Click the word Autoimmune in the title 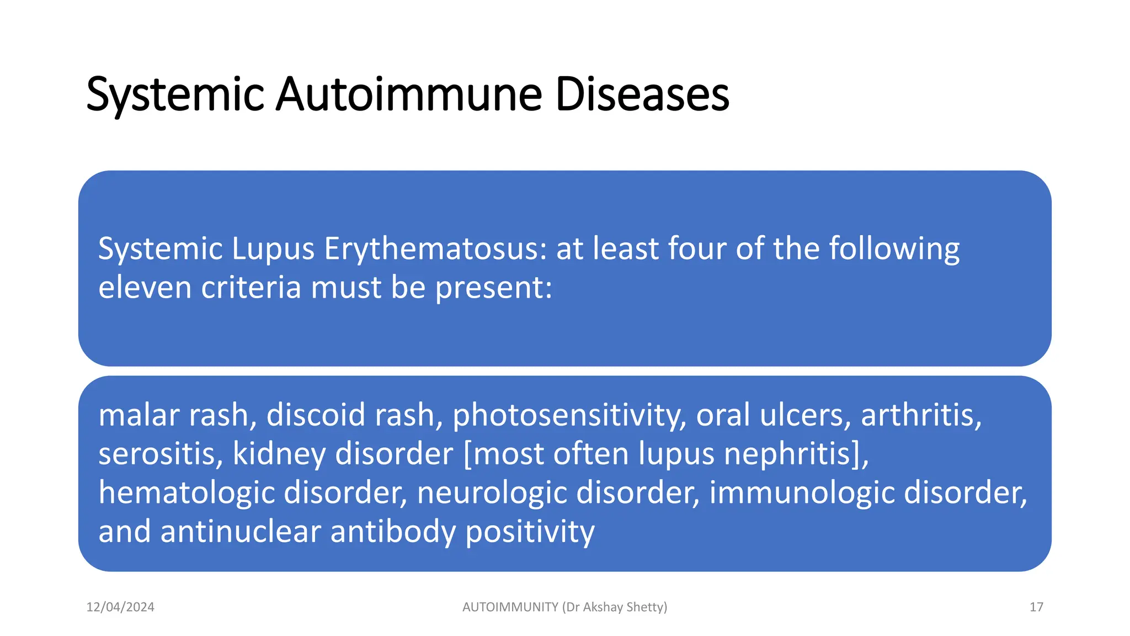click(x=409, y=94)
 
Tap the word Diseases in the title click(x=642, y=94)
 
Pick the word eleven click(x=145, y=288)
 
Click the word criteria click(x=251, y=288)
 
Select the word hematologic click(x=186, y=493)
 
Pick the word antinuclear click(x=241, y=532)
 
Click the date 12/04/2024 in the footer click(x=120, y=607)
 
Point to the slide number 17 click(x=1036, y=607)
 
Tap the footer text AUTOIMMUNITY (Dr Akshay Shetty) click(x=564, y=607)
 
